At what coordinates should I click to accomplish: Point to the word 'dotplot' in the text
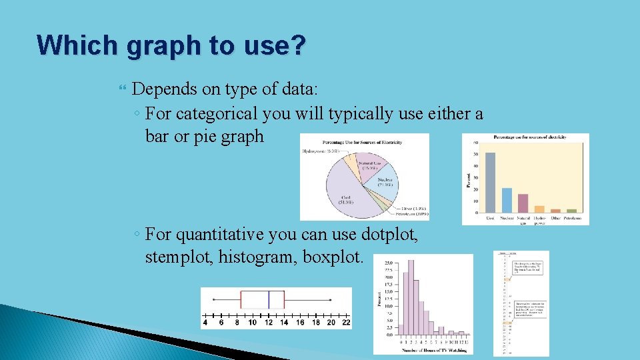[389, 234]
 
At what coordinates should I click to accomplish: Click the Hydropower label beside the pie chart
[321, 151]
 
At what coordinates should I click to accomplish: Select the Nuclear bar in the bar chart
[507, 199]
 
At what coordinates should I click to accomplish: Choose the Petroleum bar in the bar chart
[572, 211]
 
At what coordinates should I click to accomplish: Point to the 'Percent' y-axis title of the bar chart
[469, 177]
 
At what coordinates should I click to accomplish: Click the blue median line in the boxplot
[268, 299]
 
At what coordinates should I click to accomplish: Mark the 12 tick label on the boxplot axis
[268, 323]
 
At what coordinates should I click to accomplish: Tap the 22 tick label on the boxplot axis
[346, 323]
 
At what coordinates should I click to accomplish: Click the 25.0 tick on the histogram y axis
[388, 262]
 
